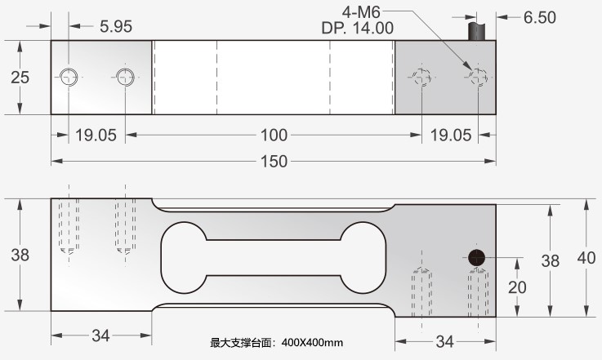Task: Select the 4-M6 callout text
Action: [x=361, y=11]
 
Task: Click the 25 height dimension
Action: [x=20, y=78]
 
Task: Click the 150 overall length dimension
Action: [x=275, y=162]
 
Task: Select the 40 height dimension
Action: [x=586, y=258]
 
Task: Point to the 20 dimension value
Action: [x=517, y=287]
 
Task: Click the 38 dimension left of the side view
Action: [x=20, y=255]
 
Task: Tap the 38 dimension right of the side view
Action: [x=551, y=260]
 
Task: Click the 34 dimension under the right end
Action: [x=444, y=340]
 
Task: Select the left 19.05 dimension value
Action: [x=96, y=135]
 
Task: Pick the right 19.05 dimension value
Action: [x=452, y=135]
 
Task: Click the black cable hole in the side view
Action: [x=477, y=256]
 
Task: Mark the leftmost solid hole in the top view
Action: [x=67, y=78]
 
